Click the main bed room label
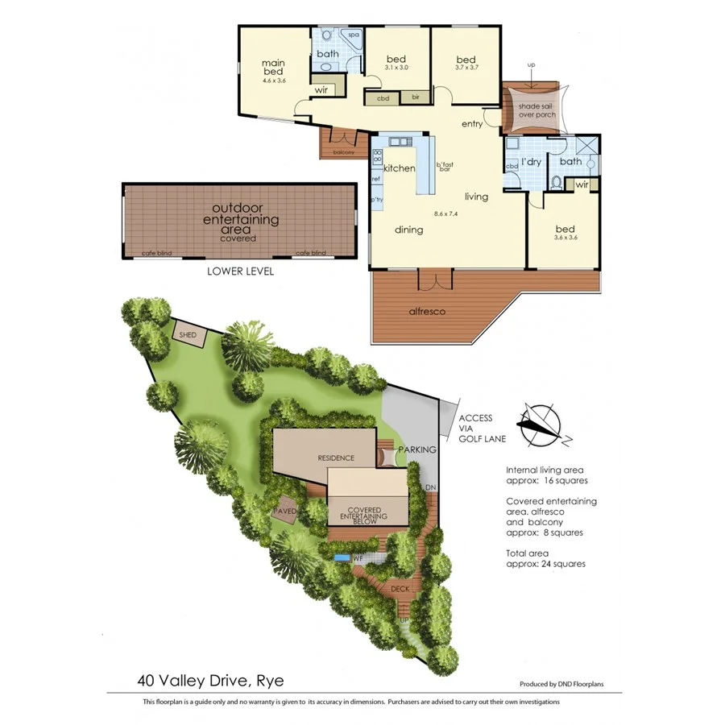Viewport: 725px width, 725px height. coord(274,68)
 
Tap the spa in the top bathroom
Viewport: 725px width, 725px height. coord(353,35)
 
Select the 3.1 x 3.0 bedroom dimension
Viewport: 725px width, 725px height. coord(396,68)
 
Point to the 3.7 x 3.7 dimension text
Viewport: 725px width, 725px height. coord(466,68)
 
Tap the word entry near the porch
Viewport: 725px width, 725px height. coord(472,124)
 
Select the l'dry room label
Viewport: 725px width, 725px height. coord(530,162)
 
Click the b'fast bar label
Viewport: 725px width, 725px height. coord(444,168)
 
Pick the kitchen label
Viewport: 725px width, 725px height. coord(399,168)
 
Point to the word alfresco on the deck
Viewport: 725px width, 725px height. coord(428,311)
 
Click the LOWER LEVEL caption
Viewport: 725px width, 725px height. coord(240,271)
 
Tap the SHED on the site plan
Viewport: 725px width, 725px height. coord(188,334)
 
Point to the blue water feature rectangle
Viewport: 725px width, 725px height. coord(342,557)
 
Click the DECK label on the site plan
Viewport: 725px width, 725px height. coord(400,590)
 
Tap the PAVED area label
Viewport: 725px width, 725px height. coord(286,511)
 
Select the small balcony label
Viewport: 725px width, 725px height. coord(343,151)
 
